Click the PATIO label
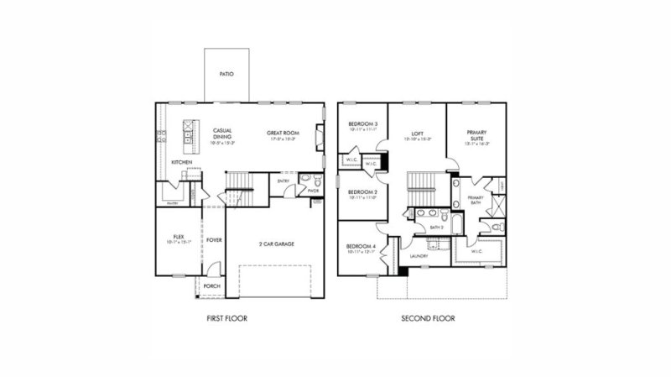(226, 74)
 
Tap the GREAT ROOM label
(281, 133)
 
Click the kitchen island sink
(188, 130)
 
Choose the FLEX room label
(178, 238)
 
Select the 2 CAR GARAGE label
(275, 243)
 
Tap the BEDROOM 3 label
(362, 125)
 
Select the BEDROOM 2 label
(362, 192)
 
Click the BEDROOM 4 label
(362, 245)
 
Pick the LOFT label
(417, 133)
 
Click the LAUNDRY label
(419, 255)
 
